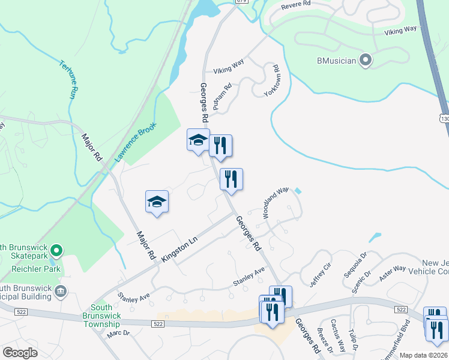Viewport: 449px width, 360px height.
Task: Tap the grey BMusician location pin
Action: (366, 60)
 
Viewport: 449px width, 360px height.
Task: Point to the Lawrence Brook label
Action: (136, 142)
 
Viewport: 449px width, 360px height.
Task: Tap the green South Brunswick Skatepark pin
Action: (57, 250)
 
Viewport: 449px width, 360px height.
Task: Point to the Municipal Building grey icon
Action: (60, 292)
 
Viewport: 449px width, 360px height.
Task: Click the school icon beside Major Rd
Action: (157, 202)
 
